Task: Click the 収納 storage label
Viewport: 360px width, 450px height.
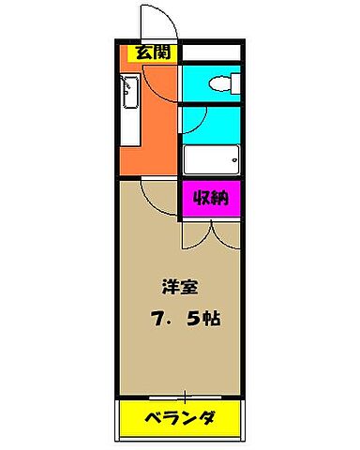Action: pyautogui.click(x=211, y=198)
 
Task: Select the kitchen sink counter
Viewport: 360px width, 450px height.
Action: pyautogui.click(x=130, y=111)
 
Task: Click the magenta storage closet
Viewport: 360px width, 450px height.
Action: pyautogui.click(x=211, y=199)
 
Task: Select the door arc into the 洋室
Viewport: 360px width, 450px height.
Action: pyautogui.click(x=155, y=192)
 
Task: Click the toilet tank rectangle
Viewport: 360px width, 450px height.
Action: pyautogui.click(x=233, y=82)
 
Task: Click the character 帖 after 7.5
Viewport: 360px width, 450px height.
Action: pyautogui.click(x=212, y=318)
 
